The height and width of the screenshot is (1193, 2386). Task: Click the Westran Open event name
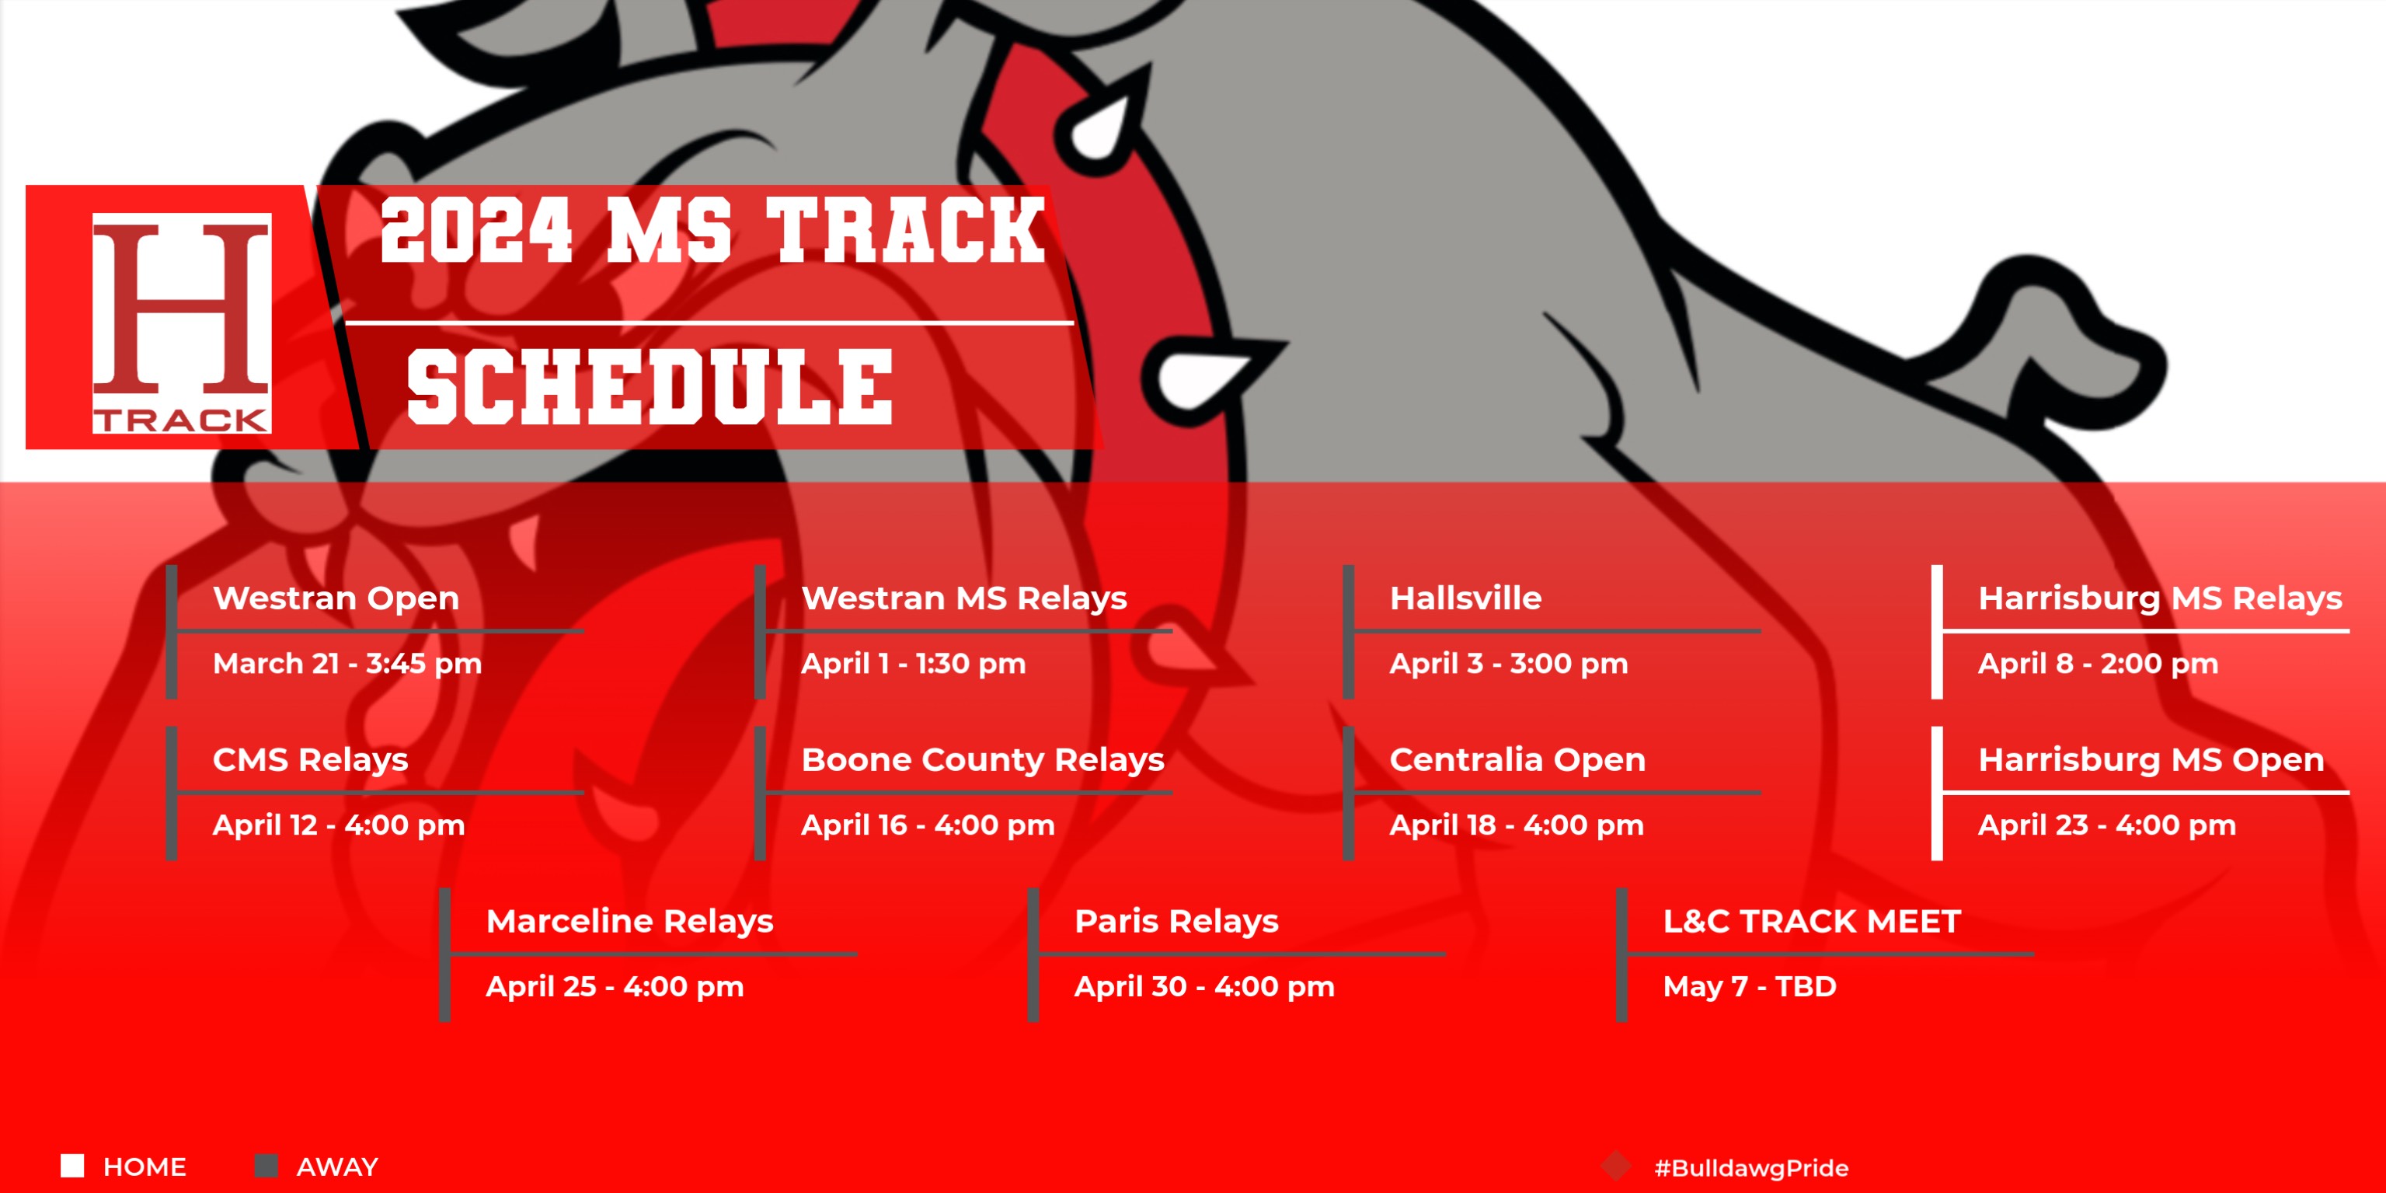tap(336, 598)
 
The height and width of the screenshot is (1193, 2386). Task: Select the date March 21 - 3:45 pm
tap(347, 663)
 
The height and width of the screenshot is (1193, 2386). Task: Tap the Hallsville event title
tap(1465, 598)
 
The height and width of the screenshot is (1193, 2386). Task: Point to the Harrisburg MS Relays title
tap(2159, 598)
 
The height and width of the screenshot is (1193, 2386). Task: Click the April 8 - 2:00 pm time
tap(2098, 663)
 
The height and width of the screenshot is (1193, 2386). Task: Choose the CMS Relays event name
tap(310, 759)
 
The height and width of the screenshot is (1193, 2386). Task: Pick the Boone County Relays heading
tap(982, 759)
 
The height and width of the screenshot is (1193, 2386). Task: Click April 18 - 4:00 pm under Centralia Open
tap(1517, 825)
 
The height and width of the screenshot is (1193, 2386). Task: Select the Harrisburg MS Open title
tap(2151, 759)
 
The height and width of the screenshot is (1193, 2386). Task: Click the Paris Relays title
tap(1176, 921)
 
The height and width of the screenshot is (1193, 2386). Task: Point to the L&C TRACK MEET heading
tap(1812, 921)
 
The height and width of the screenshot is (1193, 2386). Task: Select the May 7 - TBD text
tap(1749, 986)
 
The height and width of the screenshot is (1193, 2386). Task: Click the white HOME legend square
tap(72, 1165)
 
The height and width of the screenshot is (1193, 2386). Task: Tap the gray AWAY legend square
tap(266, 1165)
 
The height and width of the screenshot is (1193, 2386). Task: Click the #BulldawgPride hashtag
tap(1750, 1168)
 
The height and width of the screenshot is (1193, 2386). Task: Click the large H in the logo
tap(182, 305)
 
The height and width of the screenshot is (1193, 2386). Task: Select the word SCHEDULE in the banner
tap(650, 389)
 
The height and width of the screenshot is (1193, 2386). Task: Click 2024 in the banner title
tap(476, 232)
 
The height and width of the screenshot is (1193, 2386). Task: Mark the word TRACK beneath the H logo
tap(182, 420)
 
